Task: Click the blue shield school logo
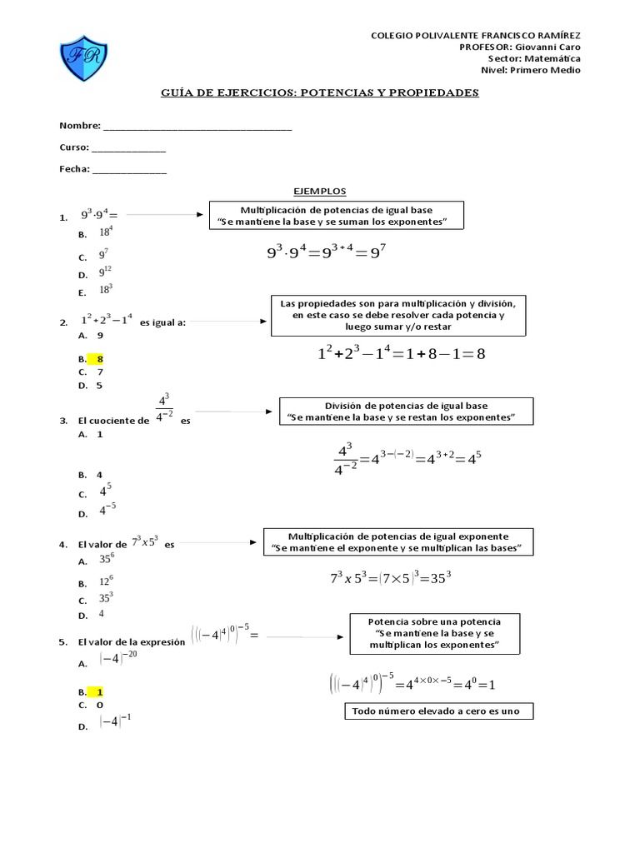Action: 83,59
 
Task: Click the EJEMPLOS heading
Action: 320,192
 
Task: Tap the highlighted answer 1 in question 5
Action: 100,691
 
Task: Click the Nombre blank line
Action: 197,128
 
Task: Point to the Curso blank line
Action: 128,150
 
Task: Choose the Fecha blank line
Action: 129,172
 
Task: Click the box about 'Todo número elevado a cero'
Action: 437,711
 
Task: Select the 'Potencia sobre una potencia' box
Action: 433,634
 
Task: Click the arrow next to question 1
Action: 164,215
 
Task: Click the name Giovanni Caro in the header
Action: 552,47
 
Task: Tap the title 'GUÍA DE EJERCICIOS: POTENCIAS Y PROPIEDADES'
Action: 320,93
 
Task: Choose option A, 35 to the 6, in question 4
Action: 107,560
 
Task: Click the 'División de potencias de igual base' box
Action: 407,411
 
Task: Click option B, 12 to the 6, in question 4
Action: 107,581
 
